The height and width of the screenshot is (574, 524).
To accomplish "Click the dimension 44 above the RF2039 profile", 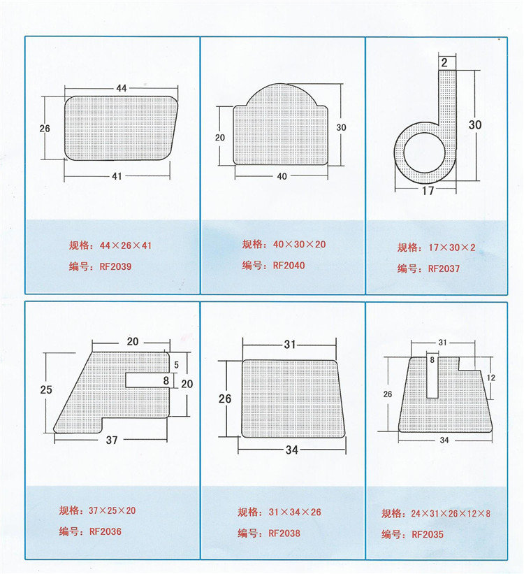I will pyautogui.click(x=122, y=88).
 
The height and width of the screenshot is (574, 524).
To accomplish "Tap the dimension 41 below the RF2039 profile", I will pyautogui.click(x=117, y=176).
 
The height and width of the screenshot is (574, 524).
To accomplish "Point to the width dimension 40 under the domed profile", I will pyautogui.click(x=282, y=176).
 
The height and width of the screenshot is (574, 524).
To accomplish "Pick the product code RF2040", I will pyautogui.click(x=289, y=266).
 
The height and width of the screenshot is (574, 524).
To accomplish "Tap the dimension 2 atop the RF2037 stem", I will pyautogui.click(x=444, y=63).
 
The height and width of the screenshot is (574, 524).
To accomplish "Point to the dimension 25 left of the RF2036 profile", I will pyautogui.click(x=46, y=390).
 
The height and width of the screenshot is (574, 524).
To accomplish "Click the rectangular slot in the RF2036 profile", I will pyautogui.click(x=147, y=379).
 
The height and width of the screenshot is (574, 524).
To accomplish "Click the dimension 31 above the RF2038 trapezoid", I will pyautogui.click(x=291, y=345).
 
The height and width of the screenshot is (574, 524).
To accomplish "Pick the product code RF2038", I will pyautogui.click(x=284, y=533).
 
